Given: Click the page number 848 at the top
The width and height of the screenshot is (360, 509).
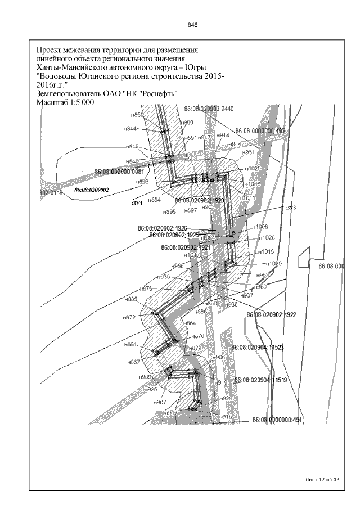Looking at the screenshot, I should click(192, 25).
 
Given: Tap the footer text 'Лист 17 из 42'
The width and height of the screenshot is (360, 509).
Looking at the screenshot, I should click(322, 479).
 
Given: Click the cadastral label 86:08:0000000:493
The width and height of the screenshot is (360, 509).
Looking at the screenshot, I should click(260, 130).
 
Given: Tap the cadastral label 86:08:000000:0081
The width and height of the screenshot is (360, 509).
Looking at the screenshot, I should click(120, 172).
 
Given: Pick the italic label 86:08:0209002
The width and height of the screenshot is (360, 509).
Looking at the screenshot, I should click(92, 190).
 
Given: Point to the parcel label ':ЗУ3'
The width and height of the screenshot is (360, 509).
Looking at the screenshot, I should click(290, 208).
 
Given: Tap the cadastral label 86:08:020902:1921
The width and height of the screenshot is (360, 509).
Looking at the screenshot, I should click(186, 247).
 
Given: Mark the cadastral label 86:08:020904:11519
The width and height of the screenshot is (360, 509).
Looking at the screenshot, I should click(262, 381).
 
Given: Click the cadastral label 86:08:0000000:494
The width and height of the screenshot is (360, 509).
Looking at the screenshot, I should click(278, 420).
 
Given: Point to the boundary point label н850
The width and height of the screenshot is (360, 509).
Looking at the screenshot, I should click(137, 114).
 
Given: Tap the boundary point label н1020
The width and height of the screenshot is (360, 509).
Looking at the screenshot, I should click(253, 169).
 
